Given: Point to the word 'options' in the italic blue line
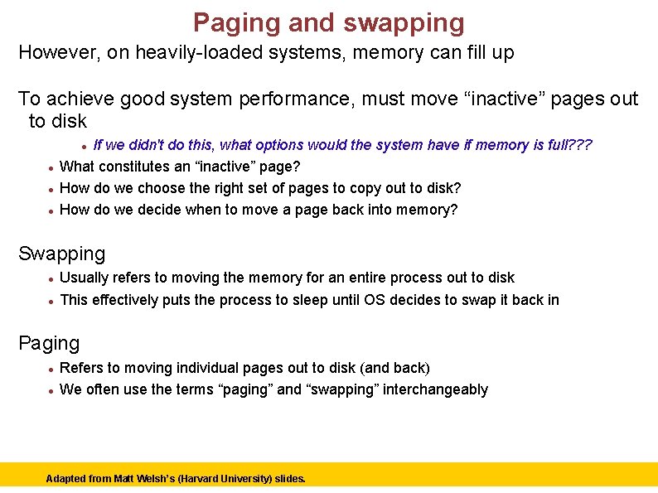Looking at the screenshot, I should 278,145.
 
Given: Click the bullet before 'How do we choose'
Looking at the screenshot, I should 51,189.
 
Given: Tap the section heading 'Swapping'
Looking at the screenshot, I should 62,254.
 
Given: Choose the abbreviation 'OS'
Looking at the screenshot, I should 374,299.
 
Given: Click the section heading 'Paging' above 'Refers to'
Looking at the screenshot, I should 49,343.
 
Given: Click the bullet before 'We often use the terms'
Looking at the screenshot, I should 51,390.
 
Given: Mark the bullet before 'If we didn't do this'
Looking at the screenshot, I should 85,146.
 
